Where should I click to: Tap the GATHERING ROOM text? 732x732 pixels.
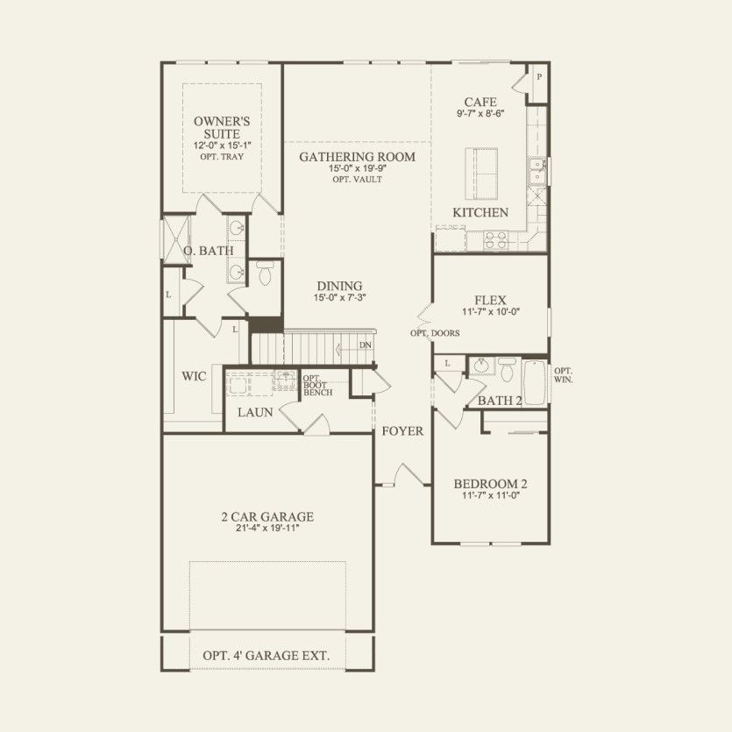point(357,157)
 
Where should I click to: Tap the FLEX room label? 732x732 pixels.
point(490,300)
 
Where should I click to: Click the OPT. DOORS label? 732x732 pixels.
point(435,333)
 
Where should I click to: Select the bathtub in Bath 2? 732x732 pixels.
point(534,380)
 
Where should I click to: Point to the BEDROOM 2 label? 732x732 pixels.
point(490,484)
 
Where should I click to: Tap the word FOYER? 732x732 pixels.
point(402,431)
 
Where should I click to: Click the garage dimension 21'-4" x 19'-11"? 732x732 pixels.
point(267,529)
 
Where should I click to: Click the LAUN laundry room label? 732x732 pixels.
point(255,412)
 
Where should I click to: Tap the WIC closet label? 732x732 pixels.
point(194,376)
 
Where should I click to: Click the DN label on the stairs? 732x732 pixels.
point(365,345)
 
